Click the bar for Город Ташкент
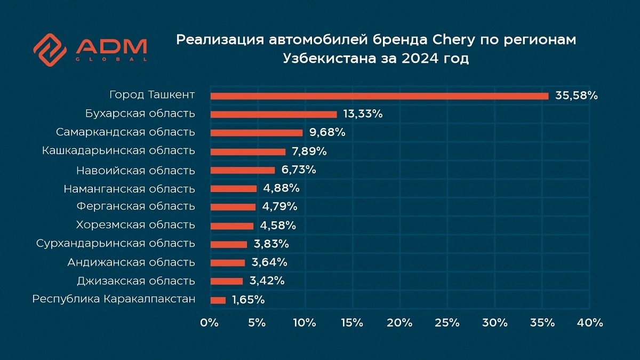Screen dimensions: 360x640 coord(379,96)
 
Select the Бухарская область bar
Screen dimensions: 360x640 coord(274,114)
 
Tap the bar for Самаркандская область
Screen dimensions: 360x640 coord(257,133)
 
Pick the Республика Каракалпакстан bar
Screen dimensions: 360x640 coord(218,300)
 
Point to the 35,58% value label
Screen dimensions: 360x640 coord(577,96)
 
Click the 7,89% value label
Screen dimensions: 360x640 coord(308,151)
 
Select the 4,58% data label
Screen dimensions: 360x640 coord(278,226)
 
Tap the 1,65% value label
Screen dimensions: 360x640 coord(248,300)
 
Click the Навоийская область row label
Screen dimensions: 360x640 coord(135,171)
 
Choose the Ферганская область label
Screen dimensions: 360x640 coord(135,206)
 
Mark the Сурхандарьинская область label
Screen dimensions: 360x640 coord(116,244)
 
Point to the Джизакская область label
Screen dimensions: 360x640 coord(136,281)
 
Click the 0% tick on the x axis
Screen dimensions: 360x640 coord(209,323)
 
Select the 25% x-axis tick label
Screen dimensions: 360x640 coord(447,323)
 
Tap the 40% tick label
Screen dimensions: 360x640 coord(590,323)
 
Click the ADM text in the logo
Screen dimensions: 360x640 coord(111,46)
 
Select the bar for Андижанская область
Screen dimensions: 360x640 coord(228,263)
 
